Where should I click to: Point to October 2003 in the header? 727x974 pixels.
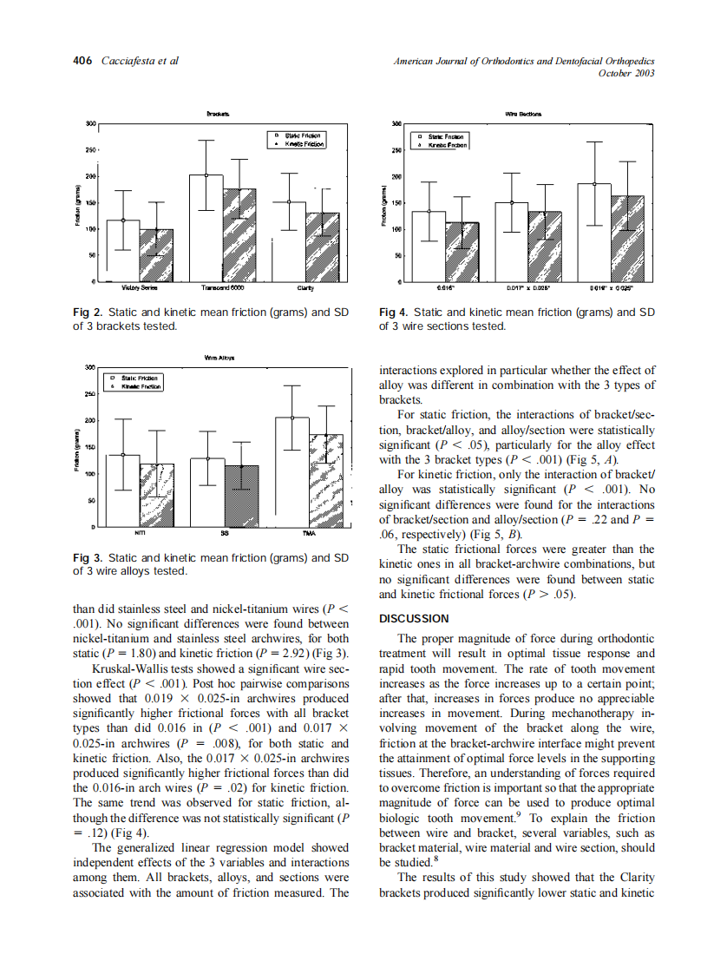click(x=626, y=73)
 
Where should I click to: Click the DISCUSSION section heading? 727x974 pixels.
click(x=415, y=619)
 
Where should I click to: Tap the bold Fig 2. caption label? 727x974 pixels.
click(x=88, y=313)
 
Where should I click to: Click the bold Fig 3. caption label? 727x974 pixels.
click(x=88, y=557)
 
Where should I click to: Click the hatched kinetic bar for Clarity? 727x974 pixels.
click(x=323, y=247)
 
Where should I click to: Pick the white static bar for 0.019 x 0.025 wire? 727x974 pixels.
click(x=594, y=233)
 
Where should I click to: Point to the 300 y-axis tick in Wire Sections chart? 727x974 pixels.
click(x=396, y=124)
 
